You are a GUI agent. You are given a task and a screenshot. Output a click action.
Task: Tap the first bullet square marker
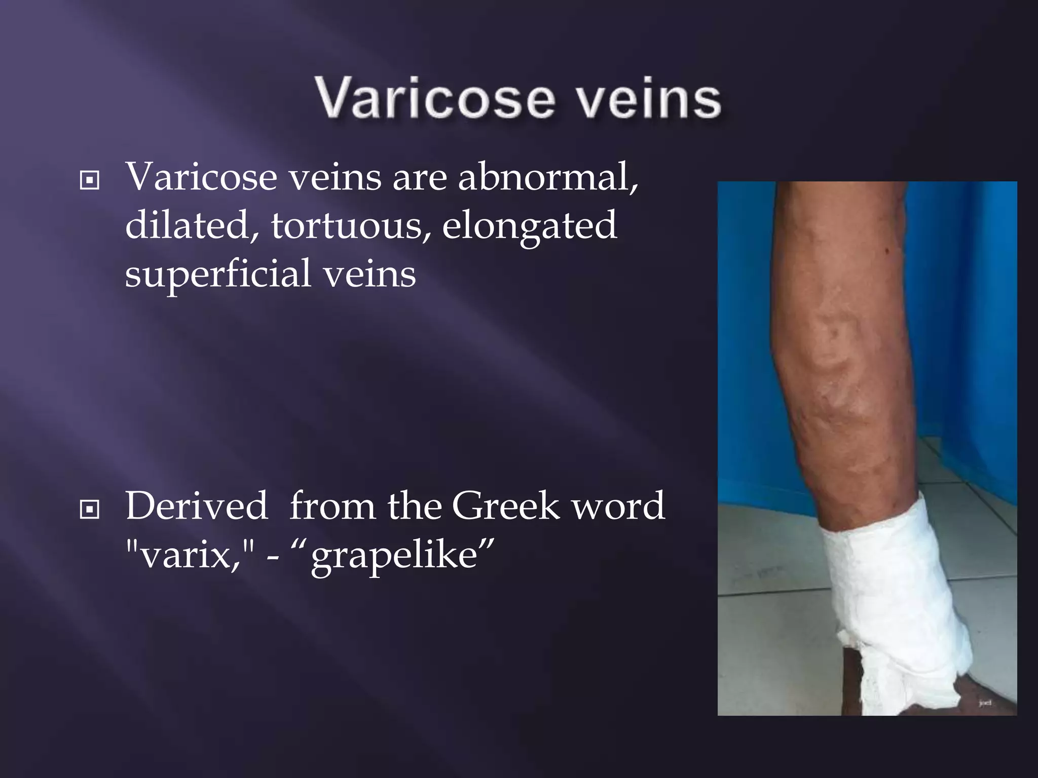click(x=90, y=180)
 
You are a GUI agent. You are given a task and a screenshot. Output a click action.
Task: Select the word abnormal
click(x=547, y=177)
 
